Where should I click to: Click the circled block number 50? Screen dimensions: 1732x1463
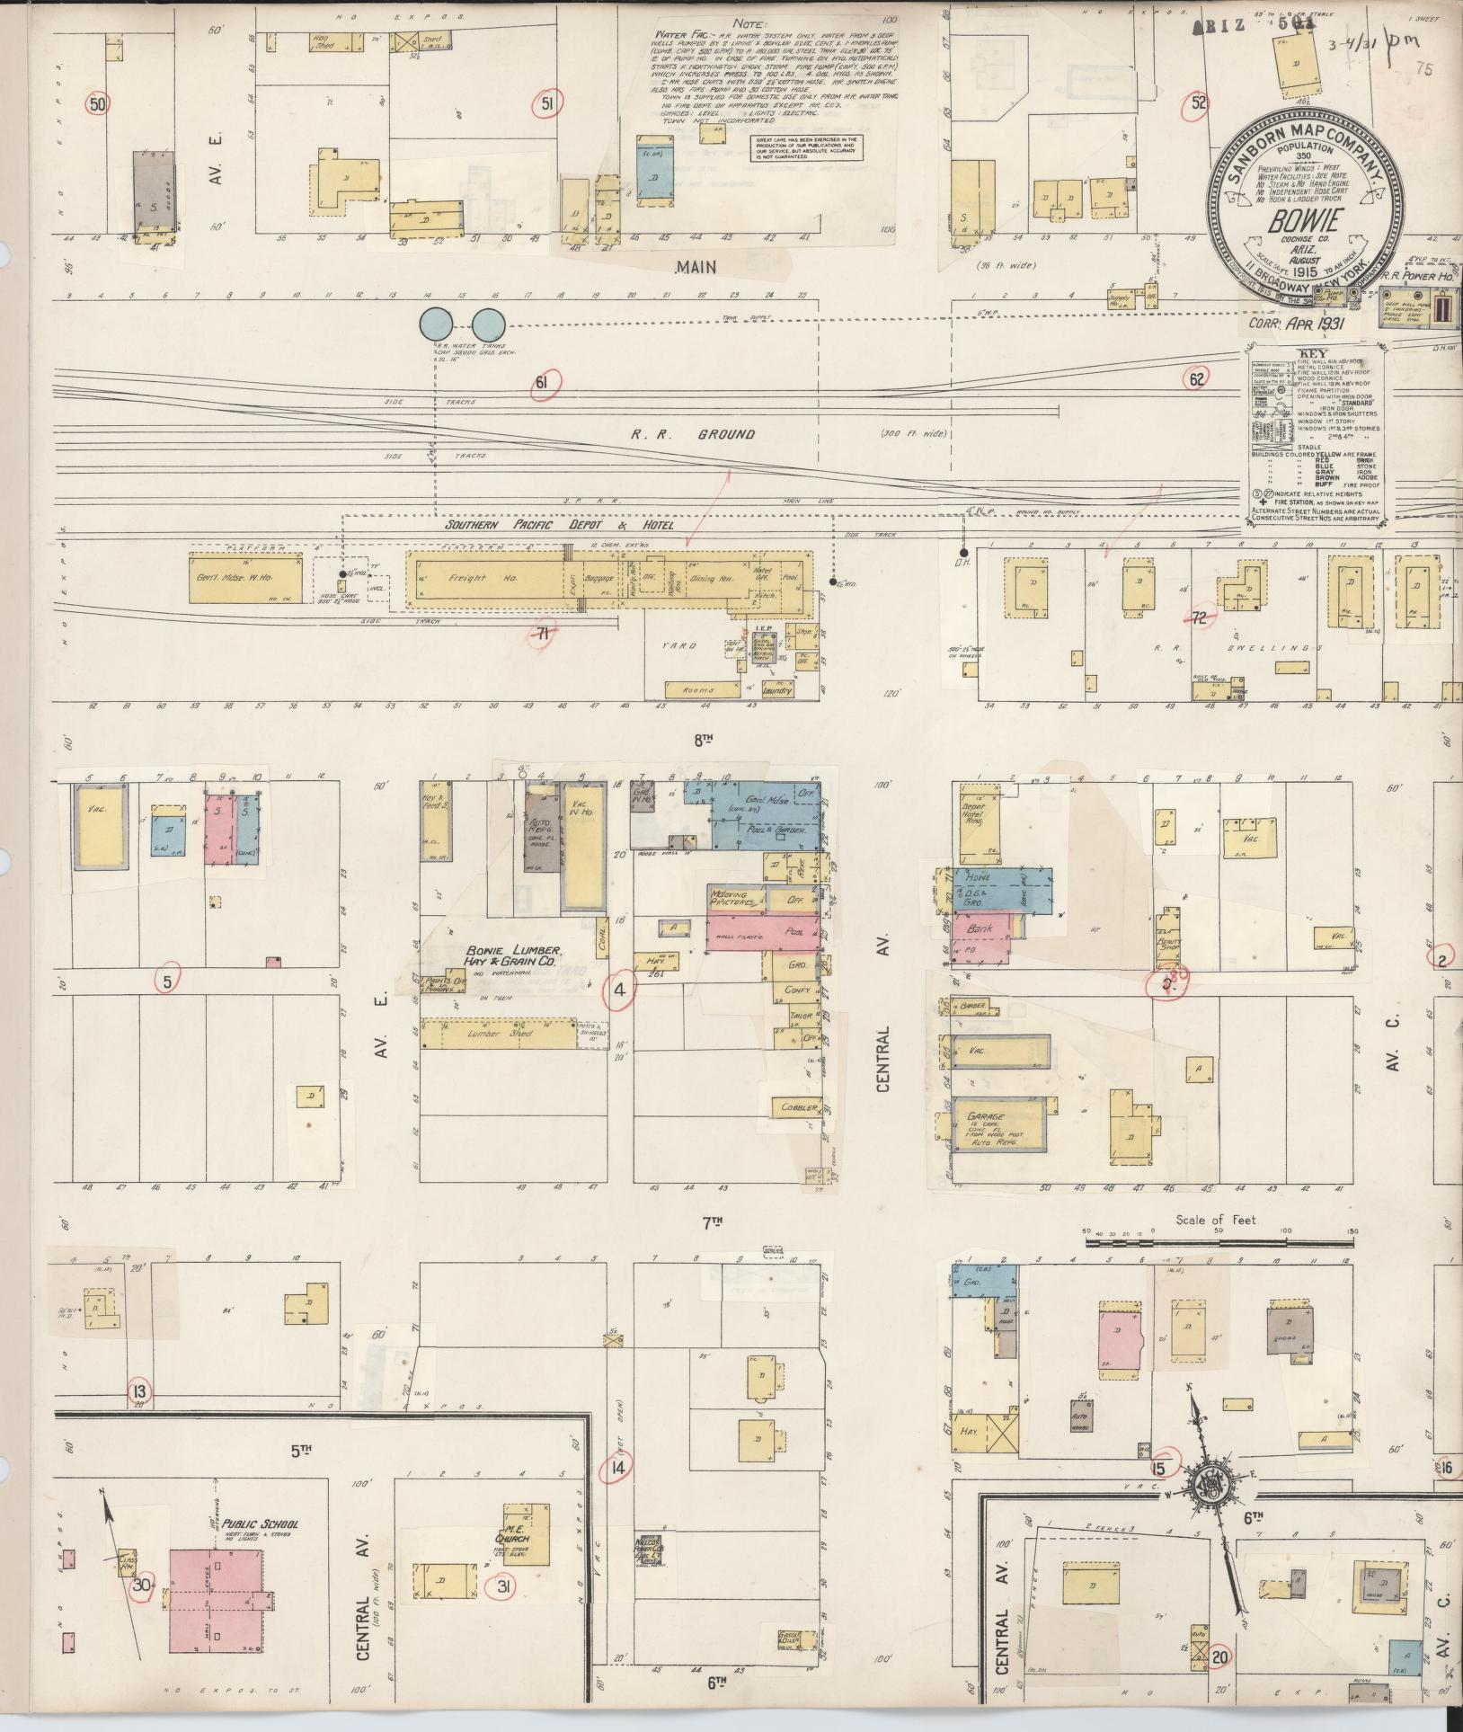[98, 105]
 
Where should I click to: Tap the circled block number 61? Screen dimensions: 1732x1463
[542, 384]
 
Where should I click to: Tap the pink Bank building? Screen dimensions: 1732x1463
[984, 929]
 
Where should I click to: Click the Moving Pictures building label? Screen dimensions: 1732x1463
[735, 899]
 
